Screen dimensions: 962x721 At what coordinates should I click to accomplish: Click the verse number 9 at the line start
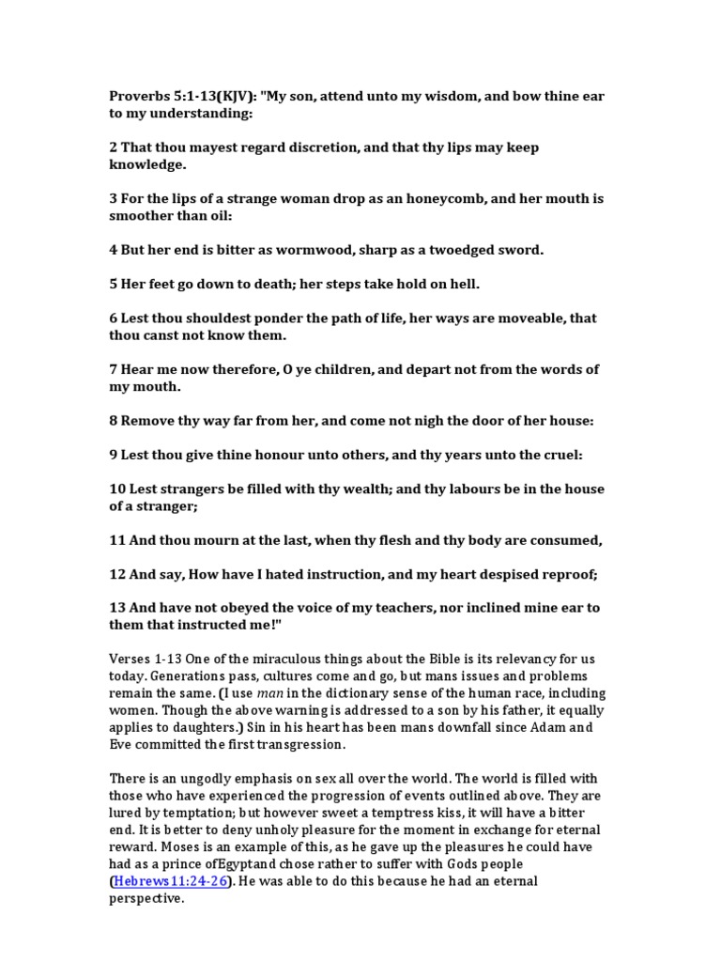(113, 455)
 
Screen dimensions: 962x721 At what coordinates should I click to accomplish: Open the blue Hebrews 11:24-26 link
(169, 881)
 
